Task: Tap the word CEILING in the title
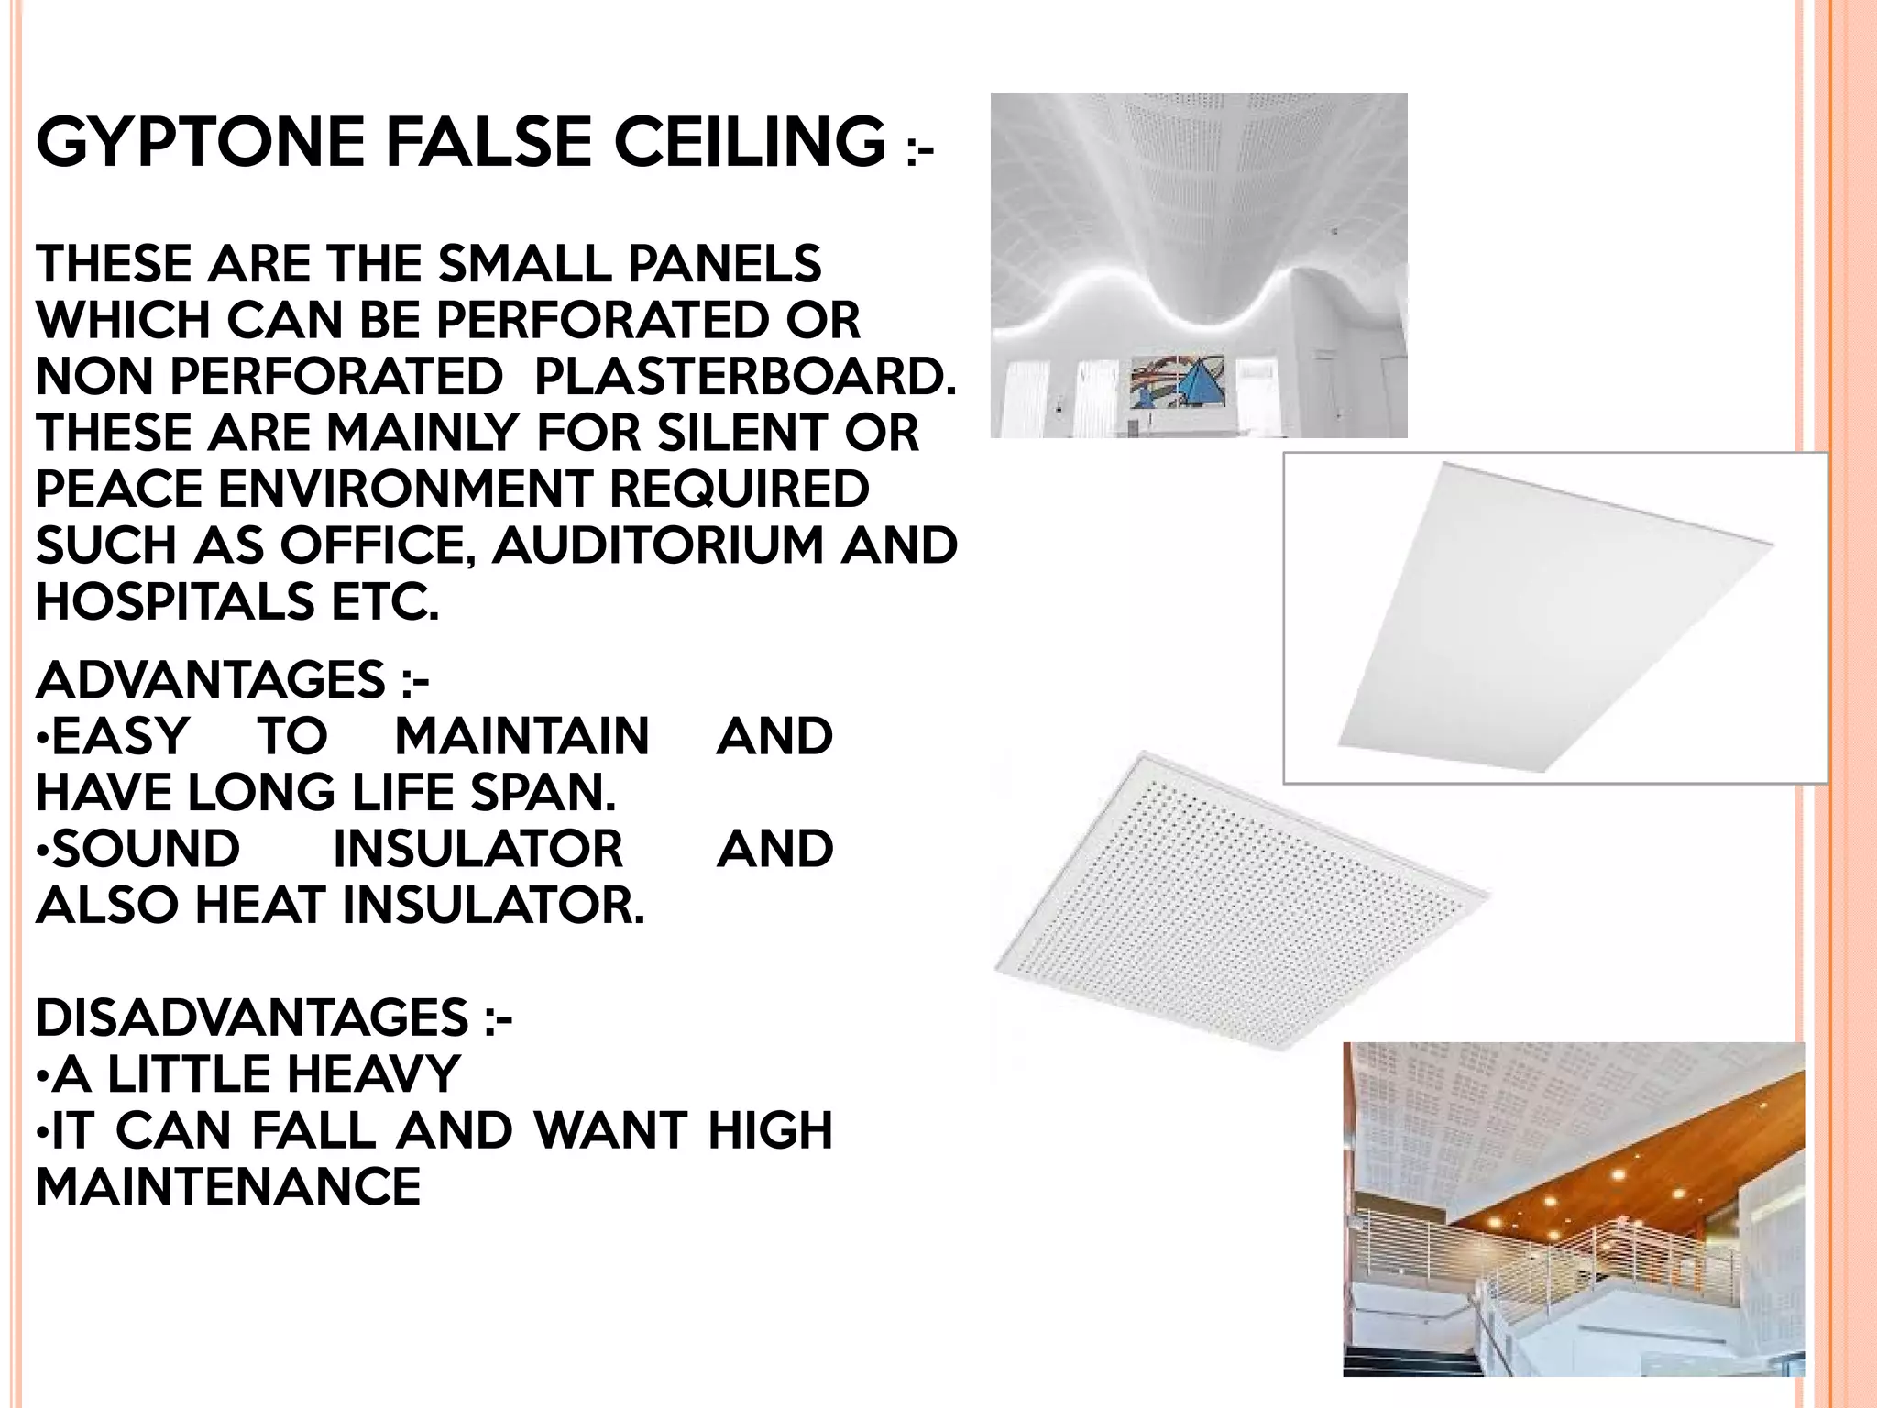coord(749,142)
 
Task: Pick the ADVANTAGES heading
coord(211,680)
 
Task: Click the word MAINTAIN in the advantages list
coord(522,737)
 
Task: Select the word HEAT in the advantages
coord(261,907)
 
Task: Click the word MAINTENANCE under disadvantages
coord(228,1187)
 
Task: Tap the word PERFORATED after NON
coord(336,377)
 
